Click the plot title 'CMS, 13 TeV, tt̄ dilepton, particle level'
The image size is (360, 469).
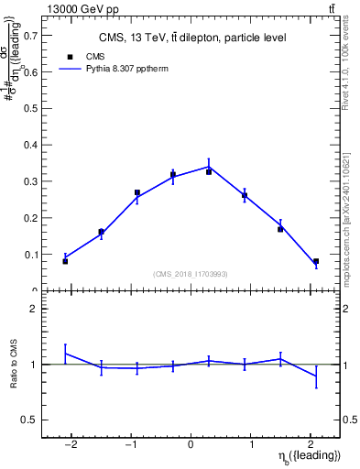click(191, 38)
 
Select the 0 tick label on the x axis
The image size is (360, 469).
click(191, 445)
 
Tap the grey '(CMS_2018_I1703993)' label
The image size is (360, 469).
click(191, 273)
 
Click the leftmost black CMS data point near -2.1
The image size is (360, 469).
click(65, 261)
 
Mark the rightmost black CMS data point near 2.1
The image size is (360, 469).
click(316, 261)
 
